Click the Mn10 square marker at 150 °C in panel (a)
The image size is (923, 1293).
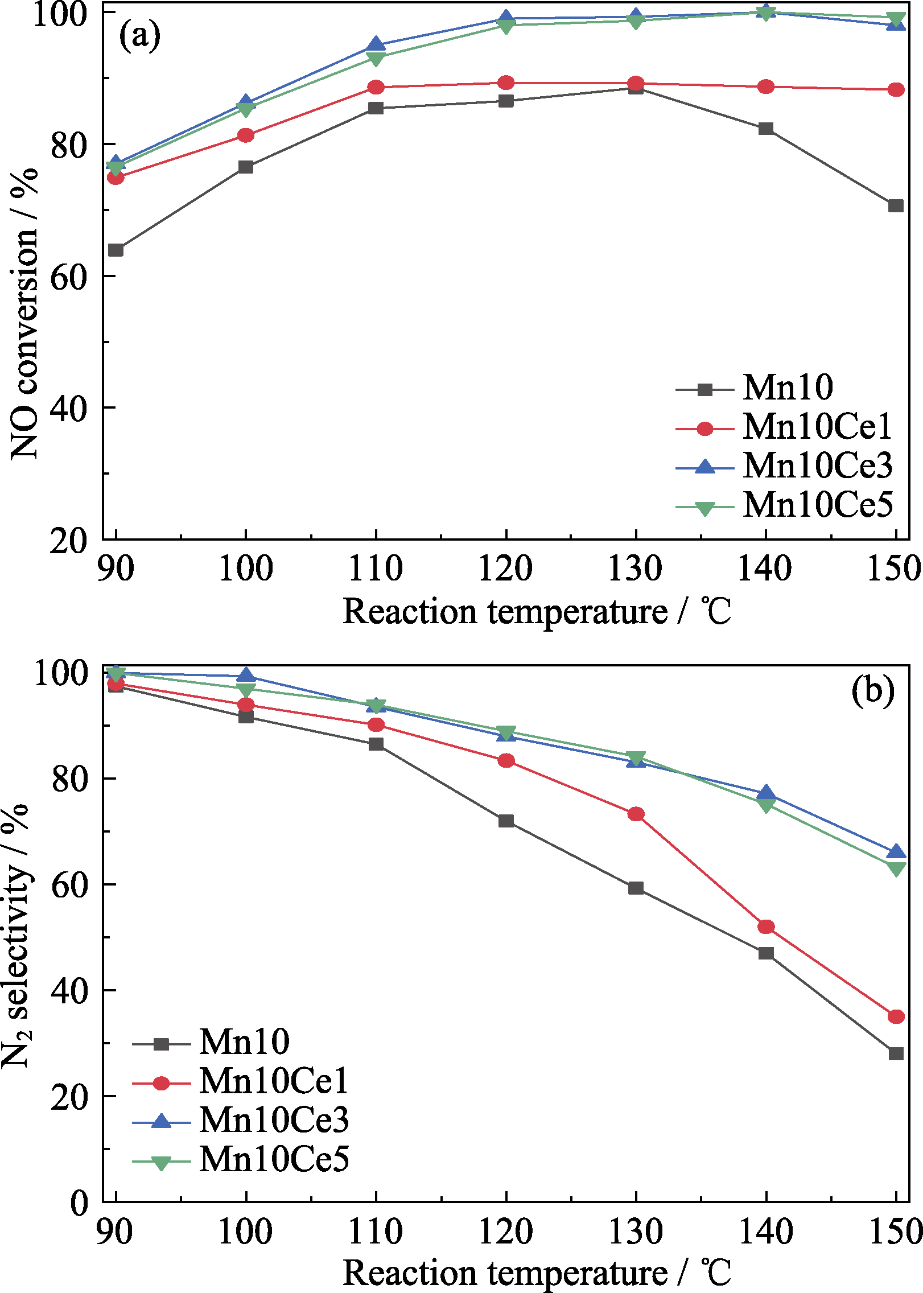point(896,205)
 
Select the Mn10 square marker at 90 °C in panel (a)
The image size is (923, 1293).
point(116,250)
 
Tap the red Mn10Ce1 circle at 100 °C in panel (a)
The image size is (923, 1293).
point(246,135)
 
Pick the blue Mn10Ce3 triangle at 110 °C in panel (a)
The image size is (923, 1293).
point(376,44)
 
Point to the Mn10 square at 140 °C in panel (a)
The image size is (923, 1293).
point(766,129)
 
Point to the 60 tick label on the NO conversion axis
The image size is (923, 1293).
point(68,277)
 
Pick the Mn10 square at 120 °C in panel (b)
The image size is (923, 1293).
point(506,821)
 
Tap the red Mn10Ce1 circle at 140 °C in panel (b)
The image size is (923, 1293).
point(766,926)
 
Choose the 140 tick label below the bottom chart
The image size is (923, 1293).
point(765,1232)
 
